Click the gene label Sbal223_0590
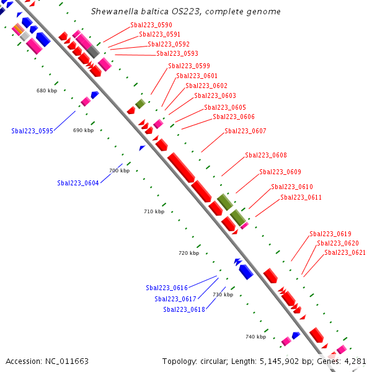151,25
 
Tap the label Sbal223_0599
189,66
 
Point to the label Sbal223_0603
215,95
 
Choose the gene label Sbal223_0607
246,131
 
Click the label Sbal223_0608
266,155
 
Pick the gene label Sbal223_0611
301,197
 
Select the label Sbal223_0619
330,234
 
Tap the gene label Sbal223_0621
345,252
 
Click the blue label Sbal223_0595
32,131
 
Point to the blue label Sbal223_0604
78,183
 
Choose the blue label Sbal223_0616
167,288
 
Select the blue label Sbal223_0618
184,309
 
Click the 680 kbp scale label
46,91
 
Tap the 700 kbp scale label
119,170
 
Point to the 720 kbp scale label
188,253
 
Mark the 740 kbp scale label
255,337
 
